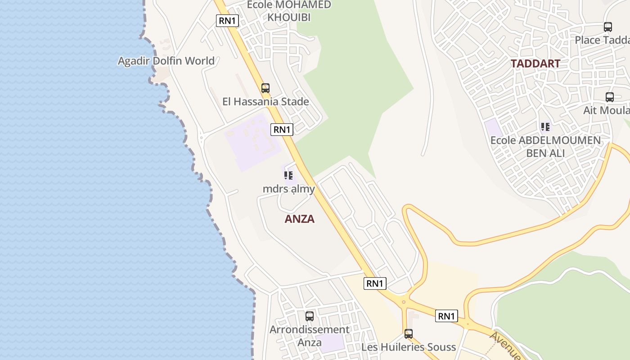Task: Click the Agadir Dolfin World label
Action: point(166,61)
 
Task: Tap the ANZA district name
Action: point(300,219)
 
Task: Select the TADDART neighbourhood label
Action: point(535,63)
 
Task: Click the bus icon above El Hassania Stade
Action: point(265,88)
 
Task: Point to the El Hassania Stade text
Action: point(265,102)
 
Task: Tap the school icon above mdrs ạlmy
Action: point(288,175)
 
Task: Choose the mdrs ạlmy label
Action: point(288,189)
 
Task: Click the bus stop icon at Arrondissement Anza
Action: point(310,316)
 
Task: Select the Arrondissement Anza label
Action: point(310,336)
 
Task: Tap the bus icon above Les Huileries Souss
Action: point(409,334)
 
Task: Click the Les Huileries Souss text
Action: point(409,347)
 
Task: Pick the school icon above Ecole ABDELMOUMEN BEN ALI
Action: point(545,127)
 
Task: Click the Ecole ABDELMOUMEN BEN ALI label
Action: point(545,147)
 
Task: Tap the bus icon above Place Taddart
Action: point(608,27)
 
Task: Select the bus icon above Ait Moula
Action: point(610,97)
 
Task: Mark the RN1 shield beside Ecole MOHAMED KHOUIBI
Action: point(227,21)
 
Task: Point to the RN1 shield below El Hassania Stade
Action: point(282,130)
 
